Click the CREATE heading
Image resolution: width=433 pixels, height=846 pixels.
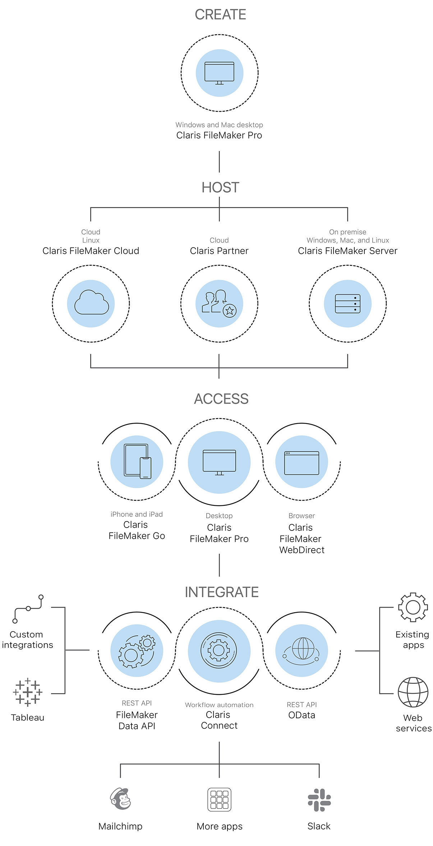coord(220,15)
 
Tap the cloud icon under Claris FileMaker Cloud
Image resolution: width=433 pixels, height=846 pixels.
coord(91,303)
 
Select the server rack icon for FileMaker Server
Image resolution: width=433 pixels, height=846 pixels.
coord(347,304)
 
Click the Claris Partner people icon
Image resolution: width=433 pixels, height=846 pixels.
coord(219,303)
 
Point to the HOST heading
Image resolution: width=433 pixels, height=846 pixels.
coord(220,187)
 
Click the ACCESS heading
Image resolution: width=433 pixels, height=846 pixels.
coord(221,399)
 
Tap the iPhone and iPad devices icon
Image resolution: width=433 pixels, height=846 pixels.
coord(137,461)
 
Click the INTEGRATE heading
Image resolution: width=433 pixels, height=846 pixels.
coord(221,592)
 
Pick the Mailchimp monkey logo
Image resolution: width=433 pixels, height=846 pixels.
coord(121,799)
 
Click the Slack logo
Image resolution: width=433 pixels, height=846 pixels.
coord(319,800)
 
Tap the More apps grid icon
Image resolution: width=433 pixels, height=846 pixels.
coord(219,800)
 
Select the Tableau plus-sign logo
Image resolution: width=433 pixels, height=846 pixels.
coord(28,692)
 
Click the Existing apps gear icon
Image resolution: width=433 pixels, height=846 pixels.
coord(413,607)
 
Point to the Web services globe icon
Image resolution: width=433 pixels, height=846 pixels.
coord(413,692)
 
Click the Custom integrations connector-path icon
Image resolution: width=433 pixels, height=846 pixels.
coord(28,608)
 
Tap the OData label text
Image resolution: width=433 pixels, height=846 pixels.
coord(301,715)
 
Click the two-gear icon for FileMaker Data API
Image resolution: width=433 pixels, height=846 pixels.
coord(137,651)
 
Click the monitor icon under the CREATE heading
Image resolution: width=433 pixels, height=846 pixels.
coord(219,73)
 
